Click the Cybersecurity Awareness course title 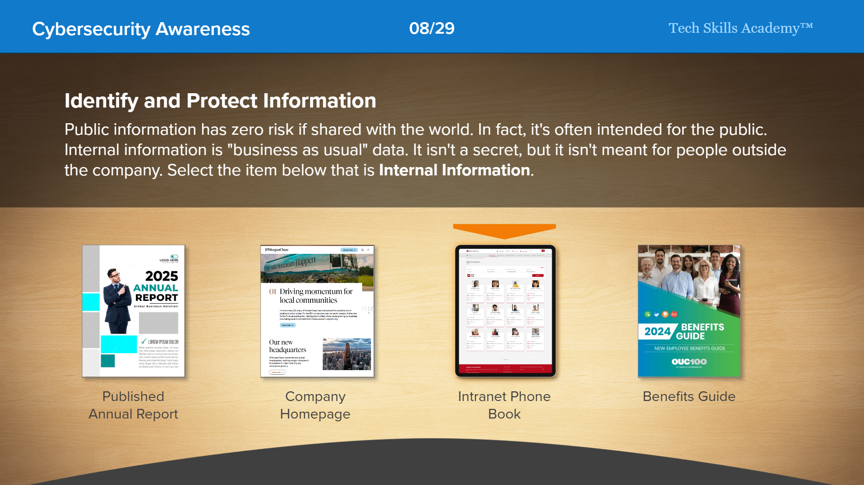pos(141,29)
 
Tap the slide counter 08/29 pos(432,29)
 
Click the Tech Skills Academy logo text pos(740,28)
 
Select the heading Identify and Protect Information pos(220,101)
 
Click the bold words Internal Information pos(454,170)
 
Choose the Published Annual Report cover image pos(134,311)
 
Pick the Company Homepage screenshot pos(317,311)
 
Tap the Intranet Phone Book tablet pos(505,311)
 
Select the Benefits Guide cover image pos(689,311)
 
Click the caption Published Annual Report pos(133,405)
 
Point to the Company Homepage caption pos(315,405)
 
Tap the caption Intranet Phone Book pos(504,405)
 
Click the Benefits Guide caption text pos(689,396)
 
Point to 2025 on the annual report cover pos(161,276)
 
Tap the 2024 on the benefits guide pos(657,331)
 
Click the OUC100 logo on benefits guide pos(689,362)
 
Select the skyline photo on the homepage pos(347,354)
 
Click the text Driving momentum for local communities pos(316,296)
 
